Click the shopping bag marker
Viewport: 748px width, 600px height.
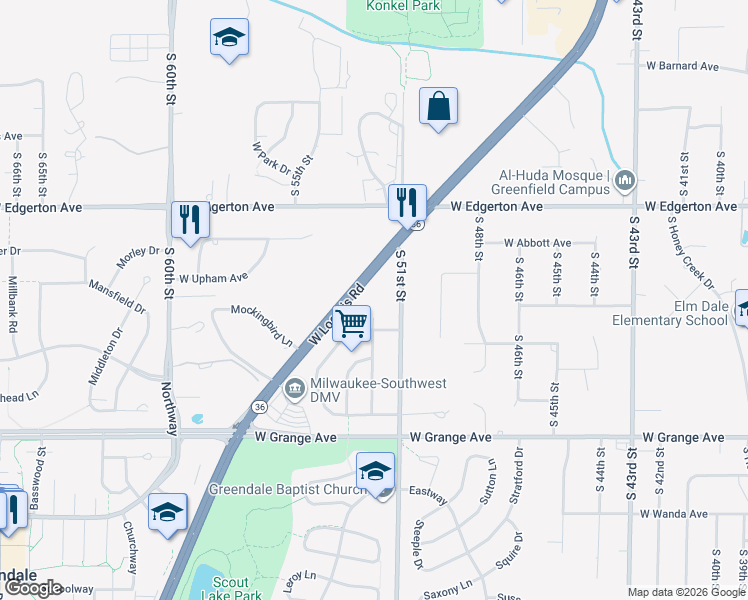(438, 107)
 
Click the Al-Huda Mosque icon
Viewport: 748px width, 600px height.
(626, 180)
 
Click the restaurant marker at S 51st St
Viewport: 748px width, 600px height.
(407, 202)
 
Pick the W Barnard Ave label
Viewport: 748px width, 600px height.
(682, 66)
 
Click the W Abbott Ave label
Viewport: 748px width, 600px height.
(537, 243)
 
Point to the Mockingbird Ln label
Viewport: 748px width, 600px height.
(262, 325)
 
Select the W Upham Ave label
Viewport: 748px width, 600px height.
(213, 277)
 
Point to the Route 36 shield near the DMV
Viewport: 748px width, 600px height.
(259, 408)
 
